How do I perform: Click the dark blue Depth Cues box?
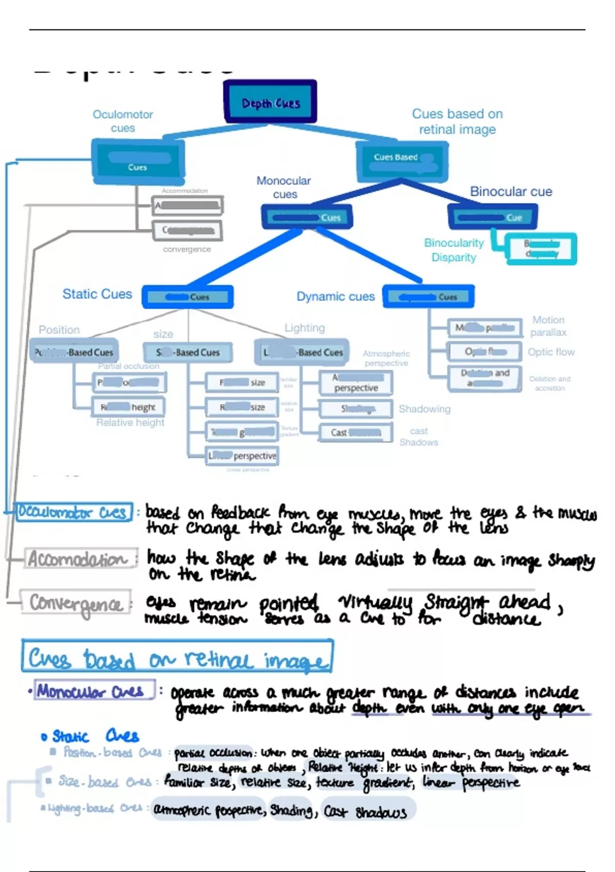pos(270,102)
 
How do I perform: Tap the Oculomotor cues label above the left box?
pos(123,121)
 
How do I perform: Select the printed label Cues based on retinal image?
pos(457,122)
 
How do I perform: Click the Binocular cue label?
pos(511,192)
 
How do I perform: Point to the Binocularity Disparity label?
pos(454,250)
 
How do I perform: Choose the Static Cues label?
pos(97,294)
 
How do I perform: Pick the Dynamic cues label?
pos(336,296)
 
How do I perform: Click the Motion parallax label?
pos(548,326)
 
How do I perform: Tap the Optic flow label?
pos(551,352)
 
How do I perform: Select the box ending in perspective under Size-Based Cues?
pos(242,456)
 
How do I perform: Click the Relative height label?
pos(130,423)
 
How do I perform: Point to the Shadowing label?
pos(424,409)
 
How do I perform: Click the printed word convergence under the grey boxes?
pos(187,249)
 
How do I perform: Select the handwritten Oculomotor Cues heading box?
pos(74,512)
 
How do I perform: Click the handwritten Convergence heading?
pos(76,603)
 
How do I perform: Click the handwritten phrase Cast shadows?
pos(365,811)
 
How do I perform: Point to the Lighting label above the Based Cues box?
pos(304,328)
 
